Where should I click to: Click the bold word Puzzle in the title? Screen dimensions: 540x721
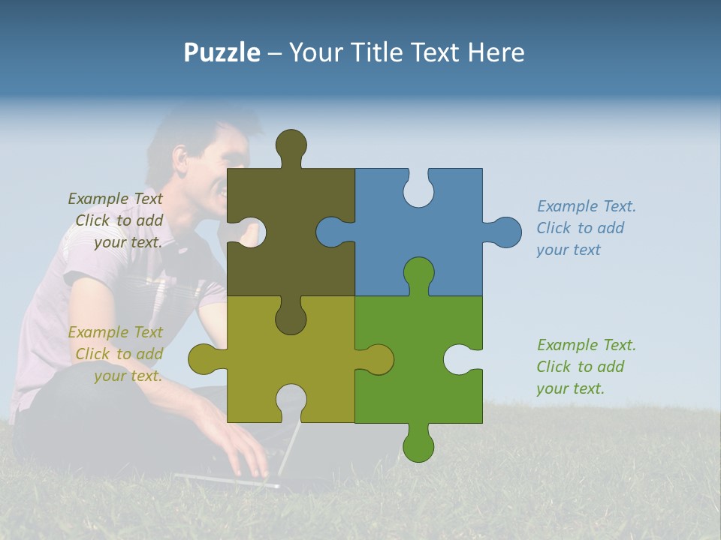tap(222, 52)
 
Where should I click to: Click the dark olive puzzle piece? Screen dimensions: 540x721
tap(300, 255)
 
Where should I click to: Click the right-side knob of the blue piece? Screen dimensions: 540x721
tap(505, 232)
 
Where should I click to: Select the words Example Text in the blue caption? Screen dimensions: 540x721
tap(587, 206)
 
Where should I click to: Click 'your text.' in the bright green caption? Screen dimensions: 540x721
tap(570, 388)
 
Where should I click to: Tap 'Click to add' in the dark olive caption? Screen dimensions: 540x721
tap(119, 220)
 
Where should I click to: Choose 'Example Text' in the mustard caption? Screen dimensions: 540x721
tap(115, 331)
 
